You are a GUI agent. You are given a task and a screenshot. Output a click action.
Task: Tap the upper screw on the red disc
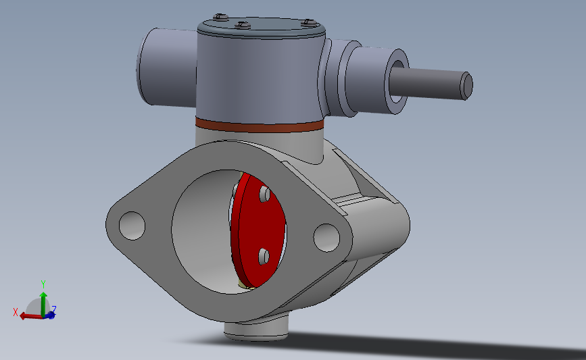[x=264, y=195]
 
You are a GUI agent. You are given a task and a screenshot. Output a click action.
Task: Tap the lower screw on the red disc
[x=264, y=257]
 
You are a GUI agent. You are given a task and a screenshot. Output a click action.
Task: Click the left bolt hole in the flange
[x=132, y=226]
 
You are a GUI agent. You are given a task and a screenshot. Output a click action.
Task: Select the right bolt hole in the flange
[x=326, y=238]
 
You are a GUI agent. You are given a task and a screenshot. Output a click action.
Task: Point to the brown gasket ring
[x=260, y=125]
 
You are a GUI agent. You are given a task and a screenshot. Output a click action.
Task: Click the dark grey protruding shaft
[x=431, y=84]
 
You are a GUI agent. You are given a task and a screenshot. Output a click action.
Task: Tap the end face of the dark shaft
[x=466, y=86]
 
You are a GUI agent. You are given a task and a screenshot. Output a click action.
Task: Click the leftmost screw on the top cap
[x=220, y=16]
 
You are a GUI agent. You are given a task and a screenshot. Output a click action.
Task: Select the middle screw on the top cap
[x=243, y=25]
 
